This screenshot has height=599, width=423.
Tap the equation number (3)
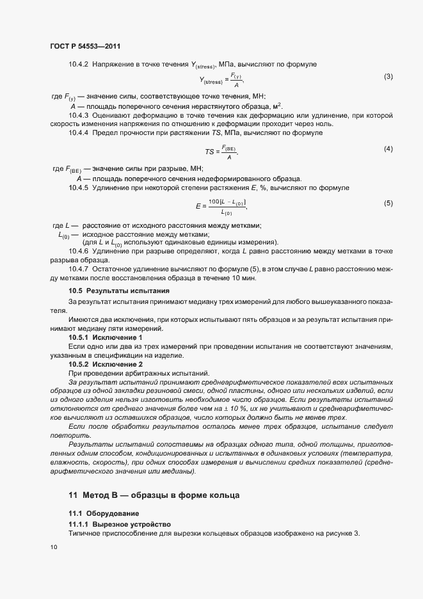point(388,77)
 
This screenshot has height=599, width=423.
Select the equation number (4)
point(388,149)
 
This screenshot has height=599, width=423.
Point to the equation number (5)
point(388,203)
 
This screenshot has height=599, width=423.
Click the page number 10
point(53,547)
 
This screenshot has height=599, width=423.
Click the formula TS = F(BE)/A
point(221,151)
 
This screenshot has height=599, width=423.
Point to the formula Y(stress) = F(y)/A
point(222,80)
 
